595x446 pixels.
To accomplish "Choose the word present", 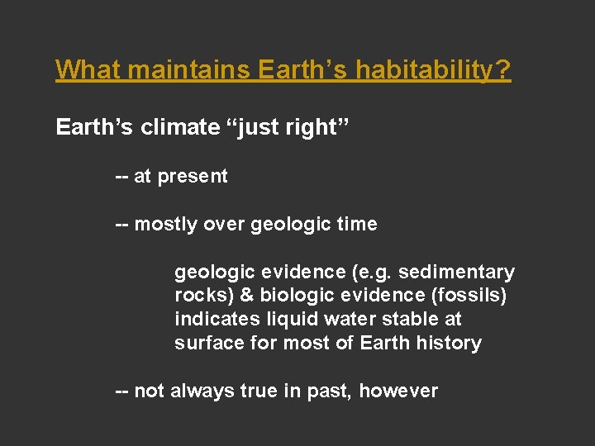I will point(193,177).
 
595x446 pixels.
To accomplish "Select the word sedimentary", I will point(456,273).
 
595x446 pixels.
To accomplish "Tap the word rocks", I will point(199,296).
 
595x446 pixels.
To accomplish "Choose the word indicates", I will point(212,319).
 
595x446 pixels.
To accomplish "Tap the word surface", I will point(207,342).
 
